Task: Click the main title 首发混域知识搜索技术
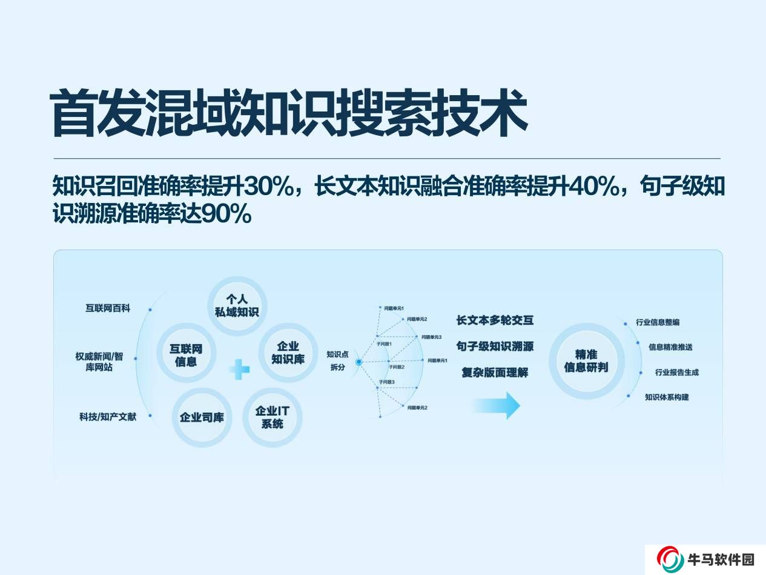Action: pyautogui.click(x=288, y=114)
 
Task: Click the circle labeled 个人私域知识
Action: pyautogui.click(x=237, y=306)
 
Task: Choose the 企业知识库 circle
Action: pyautogui.click(x=288, y=353)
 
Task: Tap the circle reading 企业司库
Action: pyautogui.click(x=202, y=417)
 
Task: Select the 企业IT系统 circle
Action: pyautogui.click(x=272, y=417)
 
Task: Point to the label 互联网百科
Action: pyautogui.click(x=108, y=308)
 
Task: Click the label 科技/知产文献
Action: pyautogui.click(x=107, y=417)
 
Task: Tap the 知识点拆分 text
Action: pyautogui.click(x=337, y=361)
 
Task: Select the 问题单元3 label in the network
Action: pyautogui.click(x=431, y=337)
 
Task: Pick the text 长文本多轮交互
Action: pyautogui.click(x=495, y=320)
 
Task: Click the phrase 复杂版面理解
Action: pyautogui.click(x=495, y=372)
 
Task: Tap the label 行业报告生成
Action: pyautogui.click(x=676, y=373)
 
